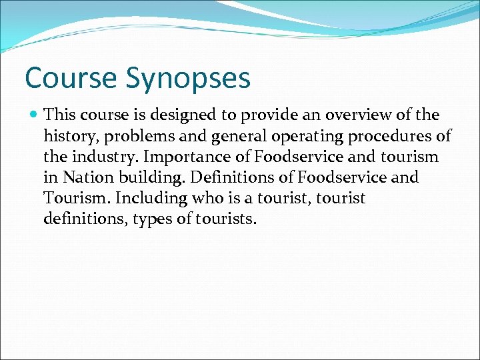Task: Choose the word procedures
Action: pos(394,137)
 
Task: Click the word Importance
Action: pos(175,158)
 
